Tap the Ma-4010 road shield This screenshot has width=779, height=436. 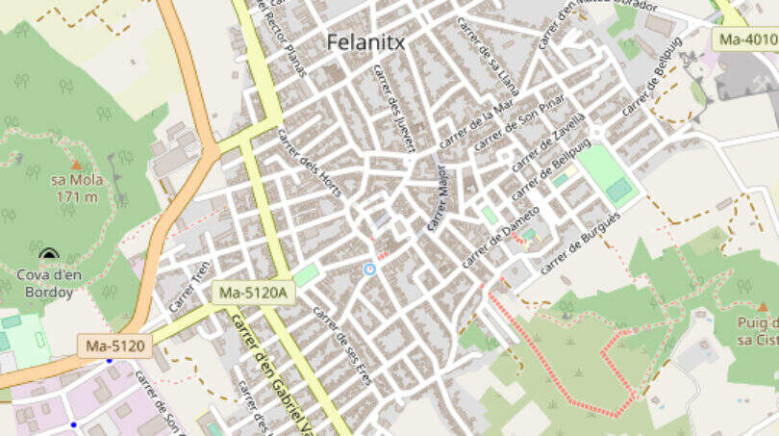745,39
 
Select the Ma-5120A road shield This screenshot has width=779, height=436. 253,292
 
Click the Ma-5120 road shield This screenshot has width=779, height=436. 115,345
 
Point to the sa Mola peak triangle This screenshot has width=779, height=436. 76,166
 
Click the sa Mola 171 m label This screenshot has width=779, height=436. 75,189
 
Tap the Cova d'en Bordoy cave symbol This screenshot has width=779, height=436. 49,255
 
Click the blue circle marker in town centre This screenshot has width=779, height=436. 369,269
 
